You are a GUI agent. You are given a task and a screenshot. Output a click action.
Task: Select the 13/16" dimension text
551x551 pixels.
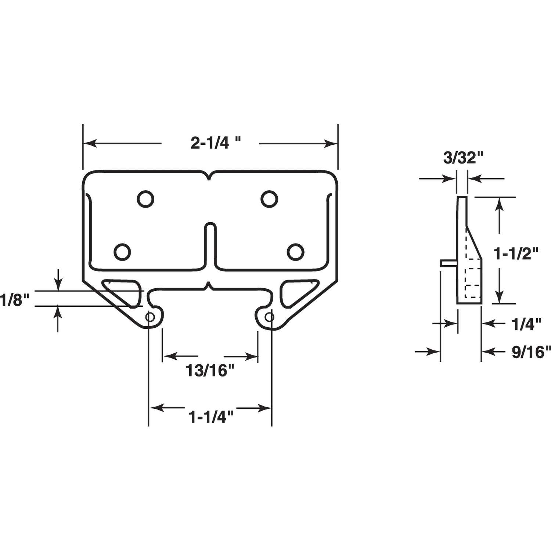click(x=210, y=371)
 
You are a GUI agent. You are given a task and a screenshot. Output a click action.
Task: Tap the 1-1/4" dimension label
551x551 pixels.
click(x=211, y=418)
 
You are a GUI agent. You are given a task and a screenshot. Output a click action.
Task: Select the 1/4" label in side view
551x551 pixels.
click(x=526, y=325)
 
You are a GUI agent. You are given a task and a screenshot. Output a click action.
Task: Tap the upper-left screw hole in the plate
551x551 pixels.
click(x=145, y=199)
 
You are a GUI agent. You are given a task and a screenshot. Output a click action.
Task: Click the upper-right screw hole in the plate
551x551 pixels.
click(x=269, y=199)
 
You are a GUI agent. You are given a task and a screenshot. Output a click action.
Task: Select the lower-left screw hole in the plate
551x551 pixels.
click(x=122, y=252)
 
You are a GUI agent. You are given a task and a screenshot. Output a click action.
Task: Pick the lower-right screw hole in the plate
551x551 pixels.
click(x=296, y=252)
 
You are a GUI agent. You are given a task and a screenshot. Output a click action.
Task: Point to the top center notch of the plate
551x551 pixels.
click(x=209, y=176)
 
